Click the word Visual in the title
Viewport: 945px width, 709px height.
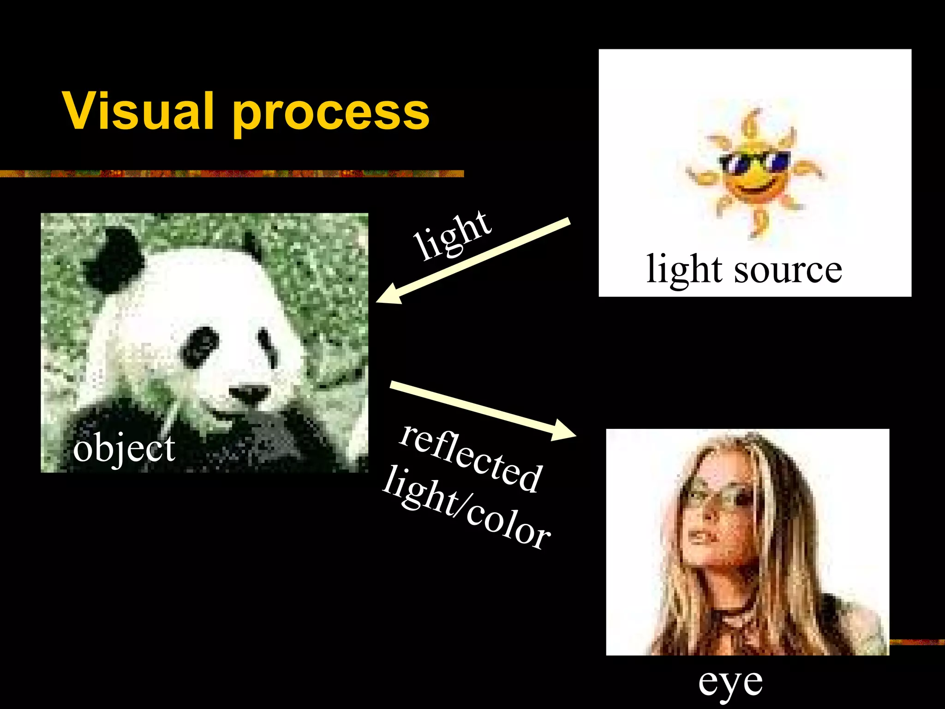click(138, 111)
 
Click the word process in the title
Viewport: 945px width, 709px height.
click(331, 114)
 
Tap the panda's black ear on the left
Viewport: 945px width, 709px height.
click(113, 258)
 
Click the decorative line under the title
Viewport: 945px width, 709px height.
click(231, 174)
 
